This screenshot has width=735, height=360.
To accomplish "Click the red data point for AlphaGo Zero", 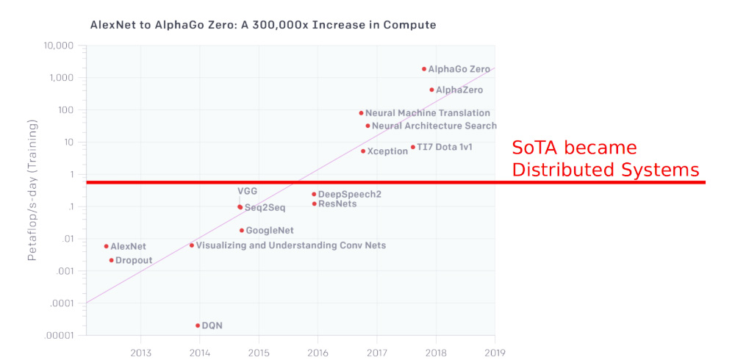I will click(424, 69).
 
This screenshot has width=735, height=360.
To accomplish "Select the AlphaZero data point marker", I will click(431, 90).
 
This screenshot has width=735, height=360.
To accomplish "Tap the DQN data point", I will click(198, 325).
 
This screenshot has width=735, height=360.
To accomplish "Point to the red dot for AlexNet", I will click(106, 246).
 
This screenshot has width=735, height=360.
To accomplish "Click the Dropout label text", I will click(134, 260).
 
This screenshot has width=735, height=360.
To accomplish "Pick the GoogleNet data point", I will click(241, 231).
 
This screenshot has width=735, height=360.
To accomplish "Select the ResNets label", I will click(337, 204).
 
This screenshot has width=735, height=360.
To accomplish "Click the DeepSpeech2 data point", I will click(314, 194).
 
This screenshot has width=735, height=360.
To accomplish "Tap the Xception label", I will click(387, 151).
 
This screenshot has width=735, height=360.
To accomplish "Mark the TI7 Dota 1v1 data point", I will click(412, 147).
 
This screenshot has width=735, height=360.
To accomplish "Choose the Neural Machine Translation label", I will click(428, 113).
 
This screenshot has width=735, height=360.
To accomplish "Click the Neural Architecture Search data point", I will click(367, 126).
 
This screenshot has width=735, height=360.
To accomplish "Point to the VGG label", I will click(248, 191).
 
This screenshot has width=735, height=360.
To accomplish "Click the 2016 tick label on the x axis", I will click(318, 352).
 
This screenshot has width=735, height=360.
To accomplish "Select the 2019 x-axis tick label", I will click(495, 352).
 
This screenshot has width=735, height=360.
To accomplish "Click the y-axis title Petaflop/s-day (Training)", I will click(32, 190).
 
